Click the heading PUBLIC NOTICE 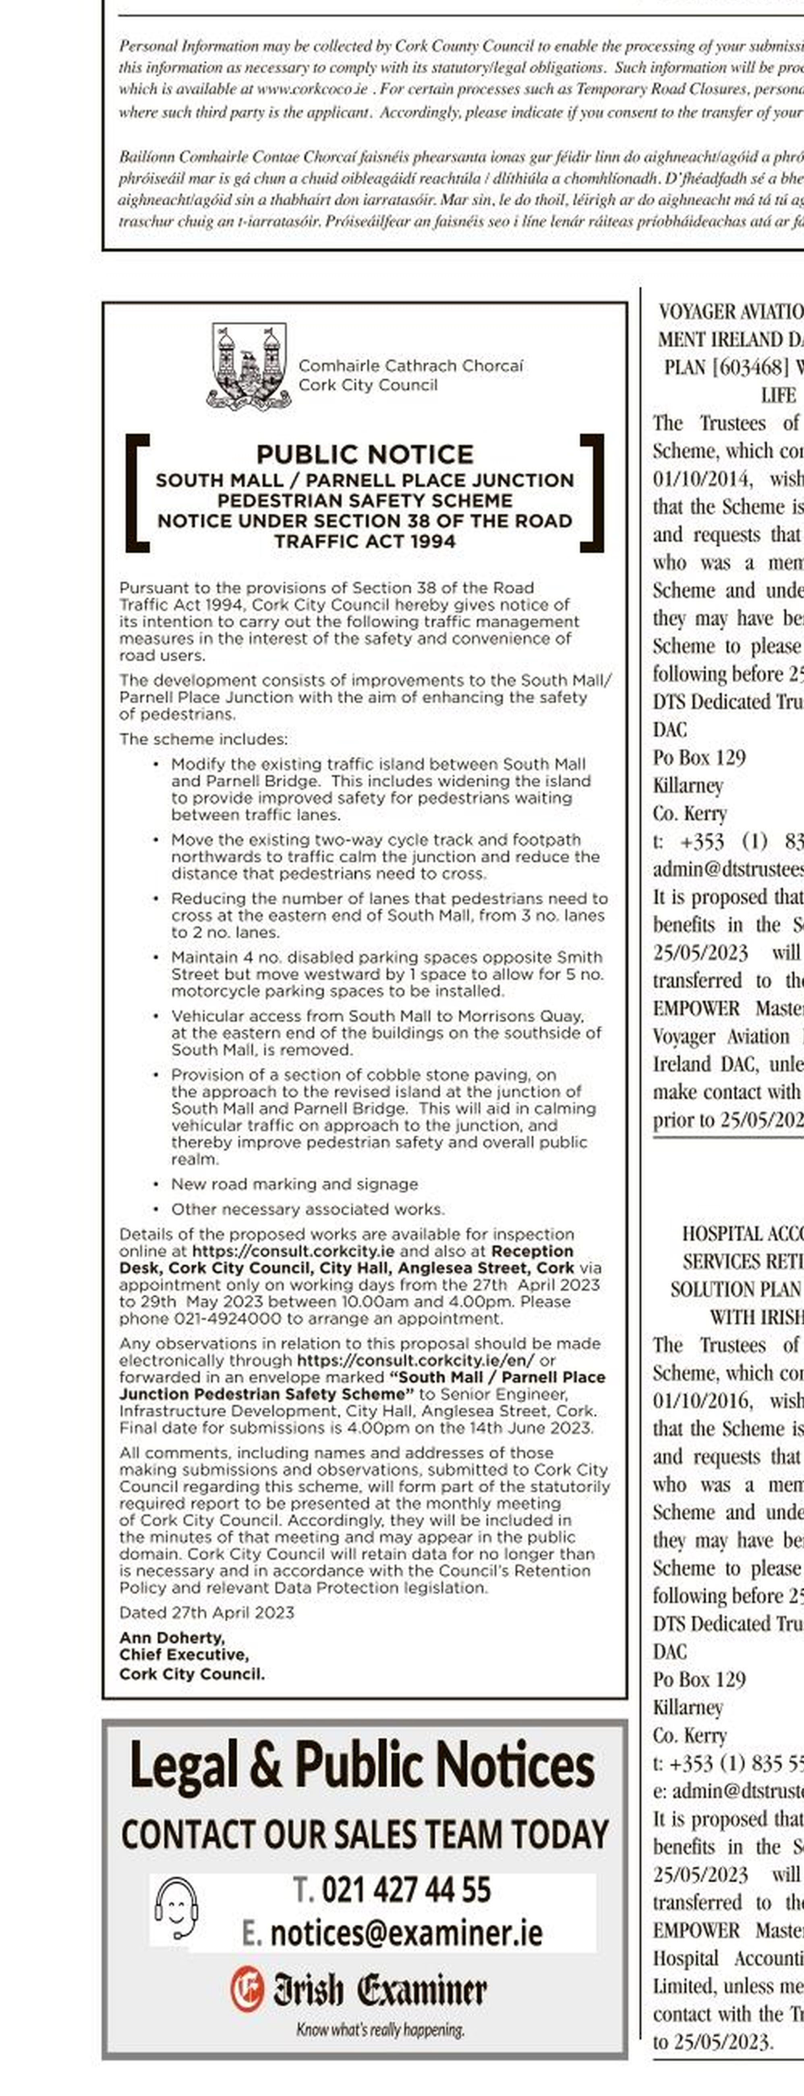(365, 454)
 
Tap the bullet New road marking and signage (294, 1184)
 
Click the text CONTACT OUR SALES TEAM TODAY (365, 1835)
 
